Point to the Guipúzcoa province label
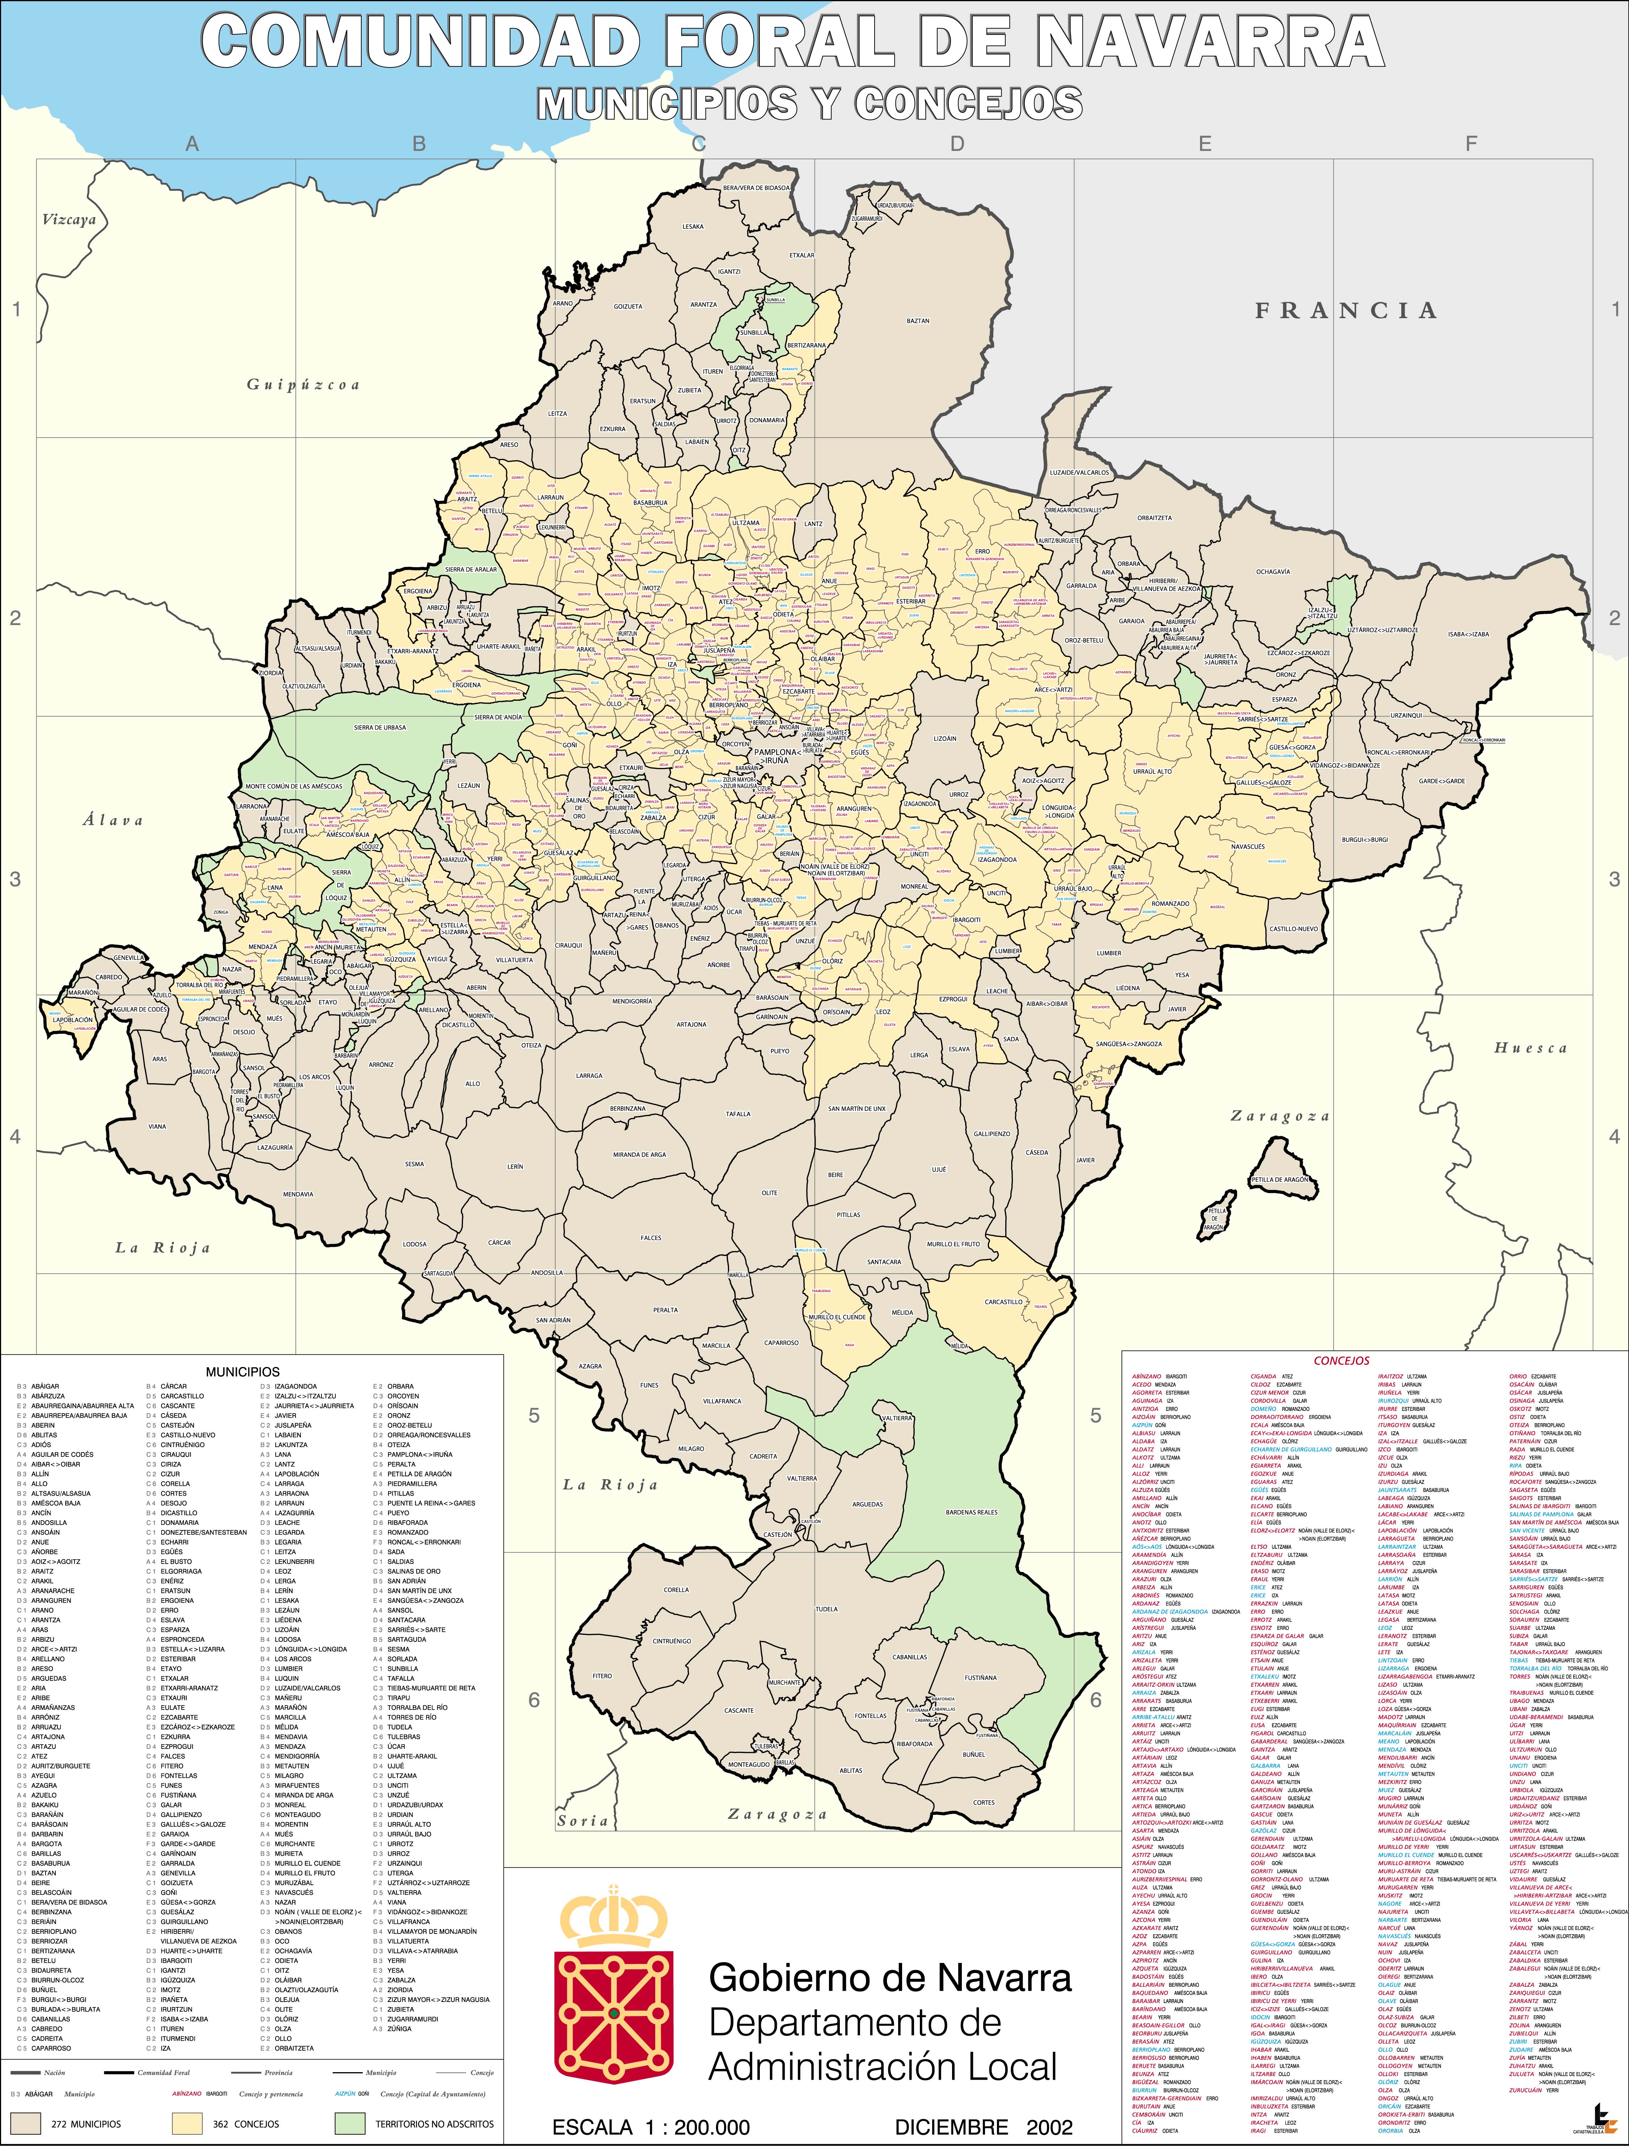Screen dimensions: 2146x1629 pos(303,385)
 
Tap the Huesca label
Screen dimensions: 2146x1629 pos(1530,1048)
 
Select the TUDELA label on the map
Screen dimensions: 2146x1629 pos(826,1609)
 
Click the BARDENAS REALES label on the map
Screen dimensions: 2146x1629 pos(971,1512)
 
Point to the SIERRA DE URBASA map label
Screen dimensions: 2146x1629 pos(379,727)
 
